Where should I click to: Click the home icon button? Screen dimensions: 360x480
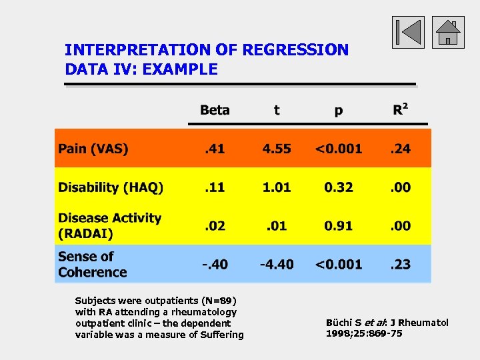point(448,33)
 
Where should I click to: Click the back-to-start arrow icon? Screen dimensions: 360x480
point(407,33)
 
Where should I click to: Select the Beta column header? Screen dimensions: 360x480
point(215,110)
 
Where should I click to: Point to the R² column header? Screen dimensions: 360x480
point(401,109)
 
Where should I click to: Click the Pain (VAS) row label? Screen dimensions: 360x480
point(93,149)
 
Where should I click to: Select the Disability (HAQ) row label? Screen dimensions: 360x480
point(111,187)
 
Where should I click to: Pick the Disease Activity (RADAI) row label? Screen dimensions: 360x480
point(109,226)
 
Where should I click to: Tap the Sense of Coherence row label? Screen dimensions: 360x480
point(92,265)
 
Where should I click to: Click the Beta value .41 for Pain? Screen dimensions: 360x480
point(214,149)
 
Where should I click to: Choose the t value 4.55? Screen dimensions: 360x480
point(277,149)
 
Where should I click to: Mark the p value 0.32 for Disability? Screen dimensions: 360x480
point(339,187)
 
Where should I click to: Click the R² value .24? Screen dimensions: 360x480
point(401,149)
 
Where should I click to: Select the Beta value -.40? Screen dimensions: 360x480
point(215,265)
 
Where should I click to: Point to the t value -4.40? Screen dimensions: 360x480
point(277,265)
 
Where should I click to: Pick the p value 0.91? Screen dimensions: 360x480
point(339,226)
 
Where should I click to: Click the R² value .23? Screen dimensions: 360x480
point(401,265)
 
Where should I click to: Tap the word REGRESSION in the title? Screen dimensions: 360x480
point(295,50)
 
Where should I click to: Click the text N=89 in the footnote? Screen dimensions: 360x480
point(218,301)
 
